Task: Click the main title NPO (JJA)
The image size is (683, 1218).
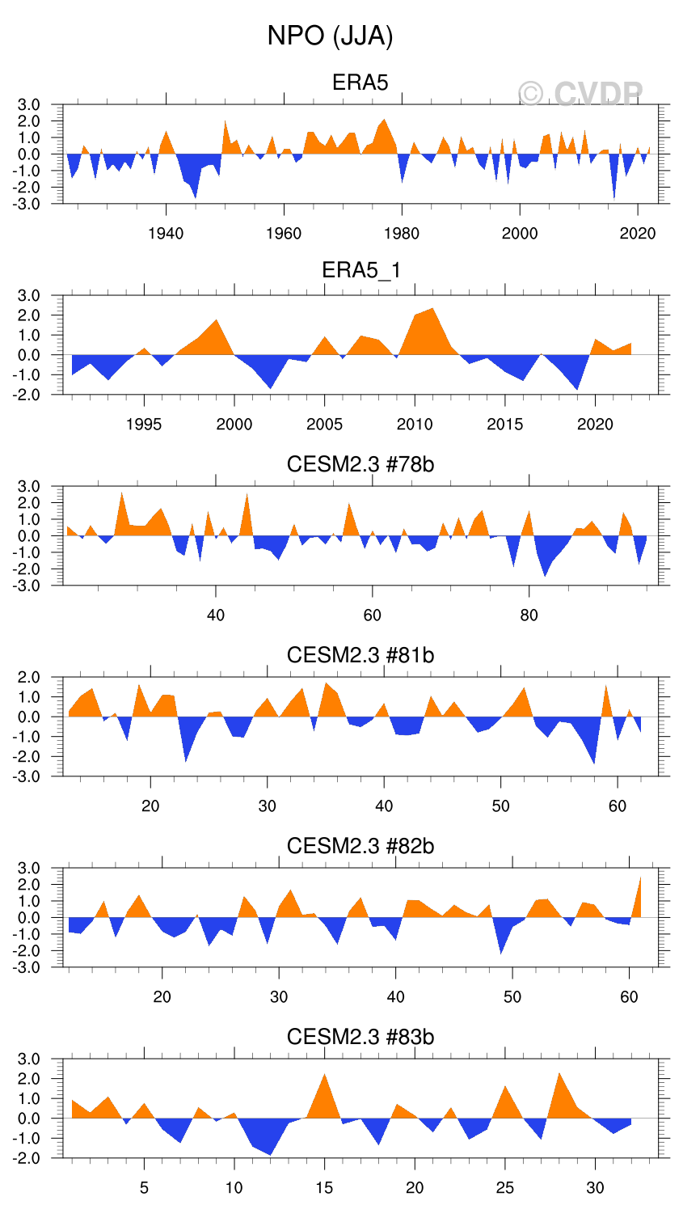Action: coord(330,36)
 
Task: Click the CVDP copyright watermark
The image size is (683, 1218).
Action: coord(580,95)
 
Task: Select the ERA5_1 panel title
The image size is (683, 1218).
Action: coord(360,270)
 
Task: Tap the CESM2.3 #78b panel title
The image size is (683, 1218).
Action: coord(360,464)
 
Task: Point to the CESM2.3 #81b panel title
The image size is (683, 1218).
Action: coord(360,655)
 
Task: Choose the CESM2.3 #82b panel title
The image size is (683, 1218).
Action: coord(360,846)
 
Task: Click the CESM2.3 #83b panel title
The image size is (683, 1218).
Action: coord(360,1037)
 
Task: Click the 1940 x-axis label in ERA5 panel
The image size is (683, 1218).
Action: coord(166,234)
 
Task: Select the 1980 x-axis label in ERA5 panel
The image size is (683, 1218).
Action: coord(402,234)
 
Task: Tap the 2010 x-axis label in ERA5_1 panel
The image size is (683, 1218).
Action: coord(415,425)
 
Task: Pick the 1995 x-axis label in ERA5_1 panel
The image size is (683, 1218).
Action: coord(144,425)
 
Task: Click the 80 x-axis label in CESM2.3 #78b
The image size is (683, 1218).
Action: coord(529,615)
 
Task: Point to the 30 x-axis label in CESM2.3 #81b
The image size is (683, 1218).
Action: coord(268,806)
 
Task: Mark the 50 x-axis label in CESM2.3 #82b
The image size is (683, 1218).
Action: coord(512,997)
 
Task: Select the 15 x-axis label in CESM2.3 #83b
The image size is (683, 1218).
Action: coord(324,1188)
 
